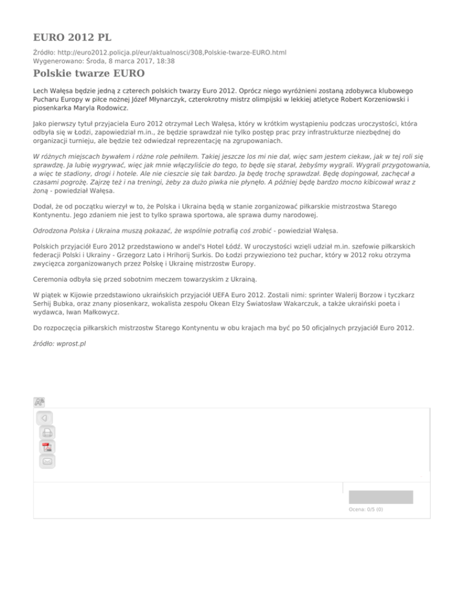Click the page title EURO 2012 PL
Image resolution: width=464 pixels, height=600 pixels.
73,35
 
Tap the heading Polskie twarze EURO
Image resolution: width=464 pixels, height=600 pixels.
88,74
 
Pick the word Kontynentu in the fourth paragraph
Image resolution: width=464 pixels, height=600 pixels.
56,215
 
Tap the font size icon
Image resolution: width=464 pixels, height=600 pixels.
39,402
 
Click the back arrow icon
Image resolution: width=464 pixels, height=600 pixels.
44,418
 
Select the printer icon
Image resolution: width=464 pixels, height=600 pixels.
47,432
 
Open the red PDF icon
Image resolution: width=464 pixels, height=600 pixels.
47,447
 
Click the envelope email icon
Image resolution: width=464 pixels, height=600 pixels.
47,461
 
